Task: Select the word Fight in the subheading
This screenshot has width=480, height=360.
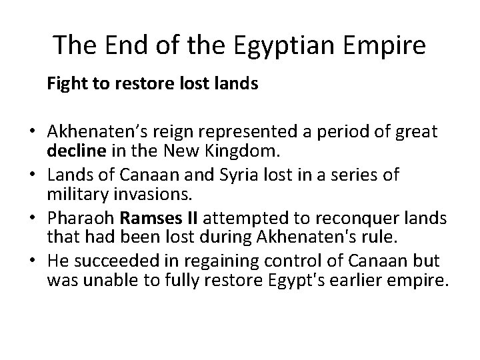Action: [x=63, y=85]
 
